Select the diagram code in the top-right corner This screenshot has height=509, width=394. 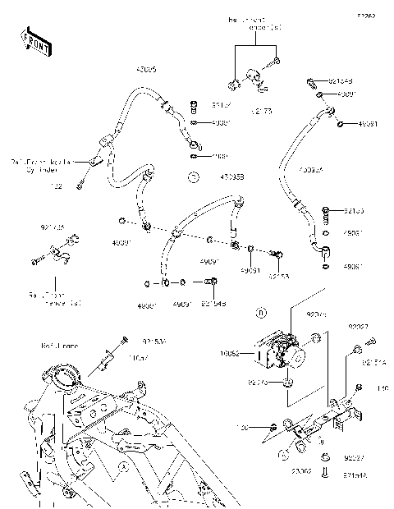click(364, 15)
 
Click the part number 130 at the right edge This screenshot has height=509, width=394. click(382, 387)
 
